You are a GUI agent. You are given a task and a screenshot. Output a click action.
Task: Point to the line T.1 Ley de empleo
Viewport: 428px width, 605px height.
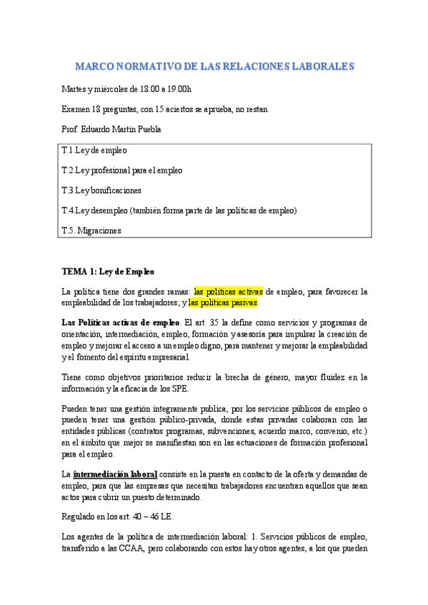coord(95,151)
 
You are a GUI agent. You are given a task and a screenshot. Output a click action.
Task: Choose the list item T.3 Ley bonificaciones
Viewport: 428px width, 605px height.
coord(102,190)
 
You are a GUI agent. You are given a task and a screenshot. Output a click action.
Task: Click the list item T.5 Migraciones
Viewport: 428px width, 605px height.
coord(92,230)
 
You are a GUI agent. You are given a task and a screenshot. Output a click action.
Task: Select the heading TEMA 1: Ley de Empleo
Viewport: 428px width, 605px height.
coord(108,271)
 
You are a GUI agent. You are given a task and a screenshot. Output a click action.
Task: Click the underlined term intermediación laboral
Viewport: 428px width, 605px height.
coord(115,474)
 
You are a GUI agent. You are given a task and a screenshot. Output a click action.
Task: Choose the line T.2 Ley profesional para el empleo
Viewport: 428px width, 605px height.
coord(122,171)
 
